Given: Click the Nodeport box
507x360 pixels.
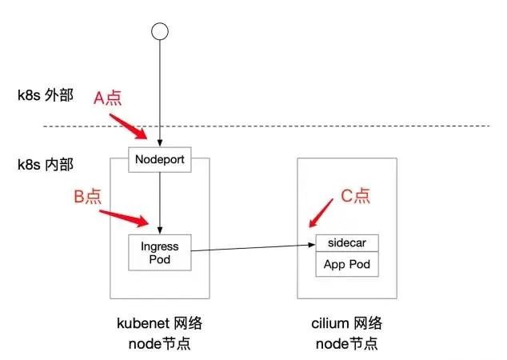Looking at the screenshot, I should point(161,160).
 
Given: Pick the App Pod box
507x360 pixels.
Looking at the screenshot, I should point(347,264).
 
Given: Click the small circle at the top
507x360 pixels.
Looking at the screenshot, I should point(161,31).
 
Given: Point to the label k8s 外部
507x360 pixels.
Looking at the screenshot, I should point(46,96).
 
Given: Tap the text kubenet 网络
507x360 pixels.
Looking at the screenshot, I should point(160,324).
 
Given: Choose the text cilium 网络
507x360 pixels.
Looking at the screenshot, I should point(346,324).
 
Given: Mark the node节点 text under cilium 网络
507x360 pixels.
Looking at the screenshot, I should point(346,344).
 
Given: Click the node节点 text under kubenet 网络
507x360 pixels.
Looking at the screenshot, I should point(160,344).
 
